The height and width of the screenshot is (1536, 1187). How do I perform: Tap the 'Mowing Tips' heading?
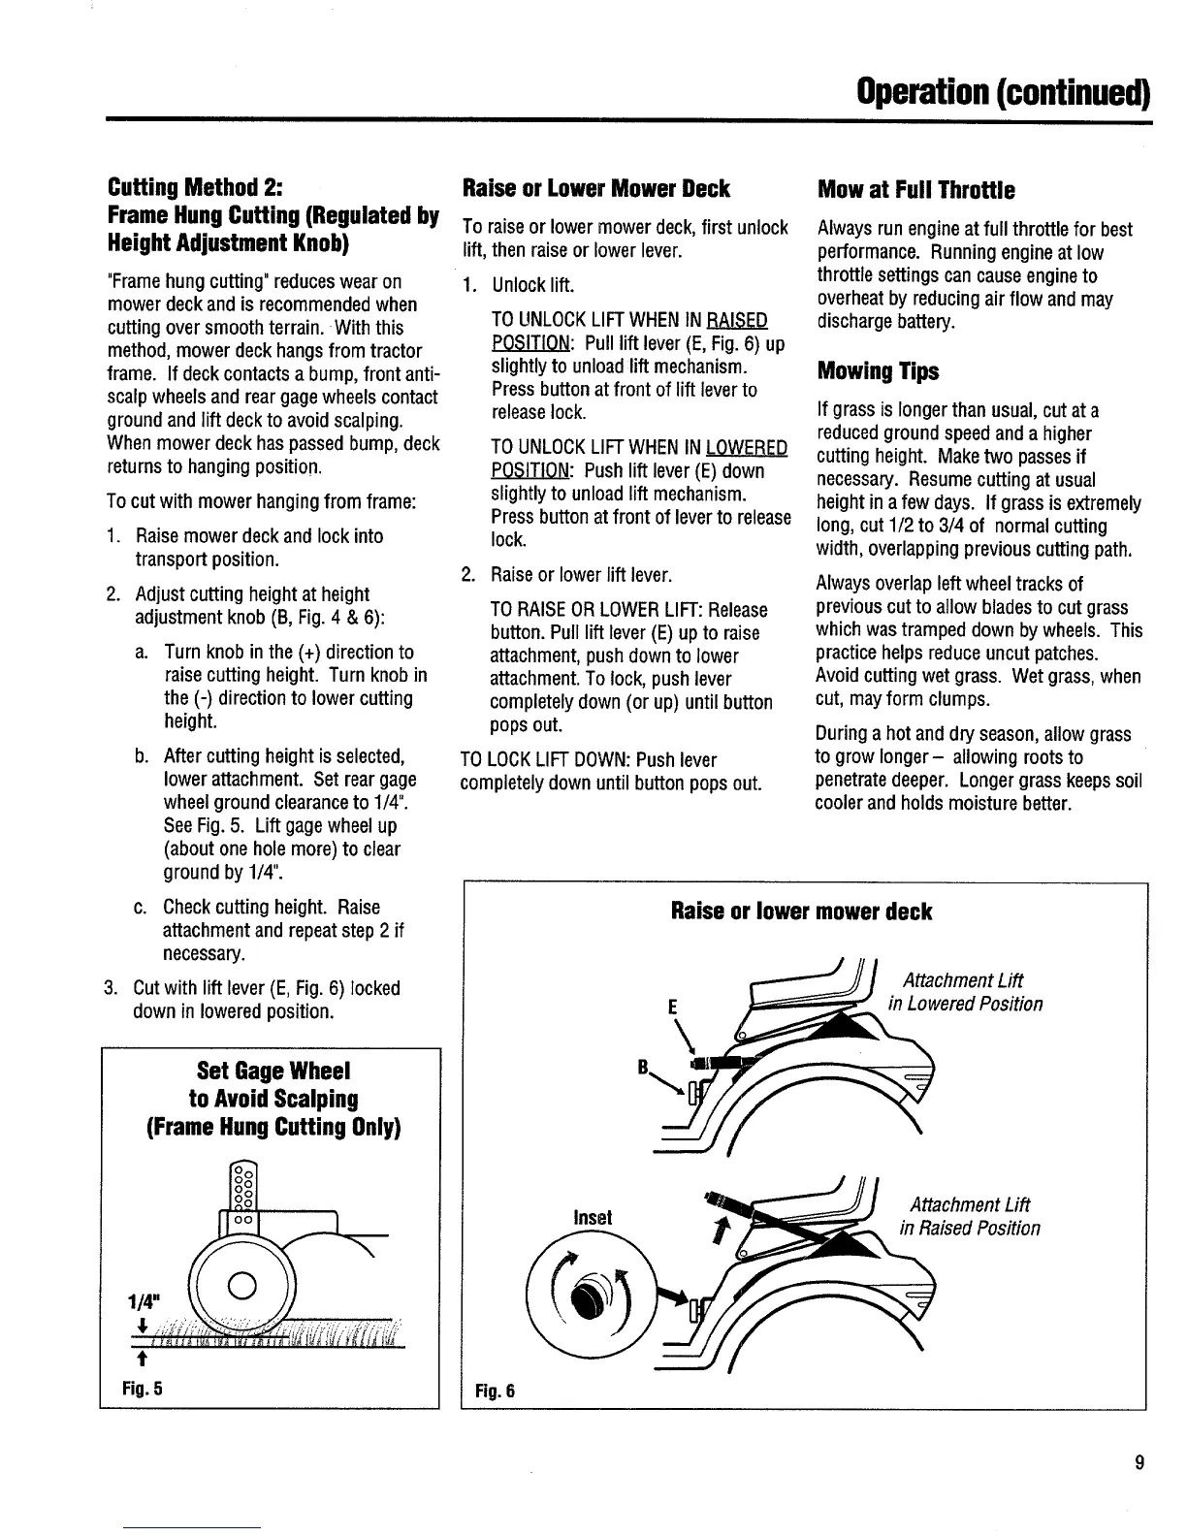[x=879, y=372]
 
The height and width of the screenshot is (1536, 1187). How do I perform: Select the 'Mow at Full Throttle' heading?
[x=916, y=189]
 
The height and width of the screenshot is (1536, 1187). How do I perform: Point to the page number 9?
[x=1139, y=1463]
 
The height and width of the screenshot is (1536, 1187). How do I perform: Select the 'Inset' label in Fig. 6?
[x=593, y=1216]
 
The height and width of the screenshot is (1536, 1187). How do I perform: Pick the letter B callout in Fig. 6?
[x=642, y=1067]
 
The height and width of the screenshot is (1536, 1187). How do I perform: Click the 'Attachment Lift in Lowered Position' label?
[x=972, y=992]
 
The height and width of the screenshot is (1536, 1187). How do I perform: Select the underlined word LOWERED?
[x=746, y=448]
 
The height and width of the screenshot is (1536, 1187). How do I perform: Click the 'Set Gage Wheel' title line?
[x=273, y=1072]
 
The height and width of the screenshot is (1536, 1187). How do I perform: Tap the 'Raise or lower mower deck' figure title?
[x=801, y=912]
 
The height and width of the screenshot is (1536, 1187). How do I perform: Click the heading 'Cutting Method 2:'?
[x=194, y=188]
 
